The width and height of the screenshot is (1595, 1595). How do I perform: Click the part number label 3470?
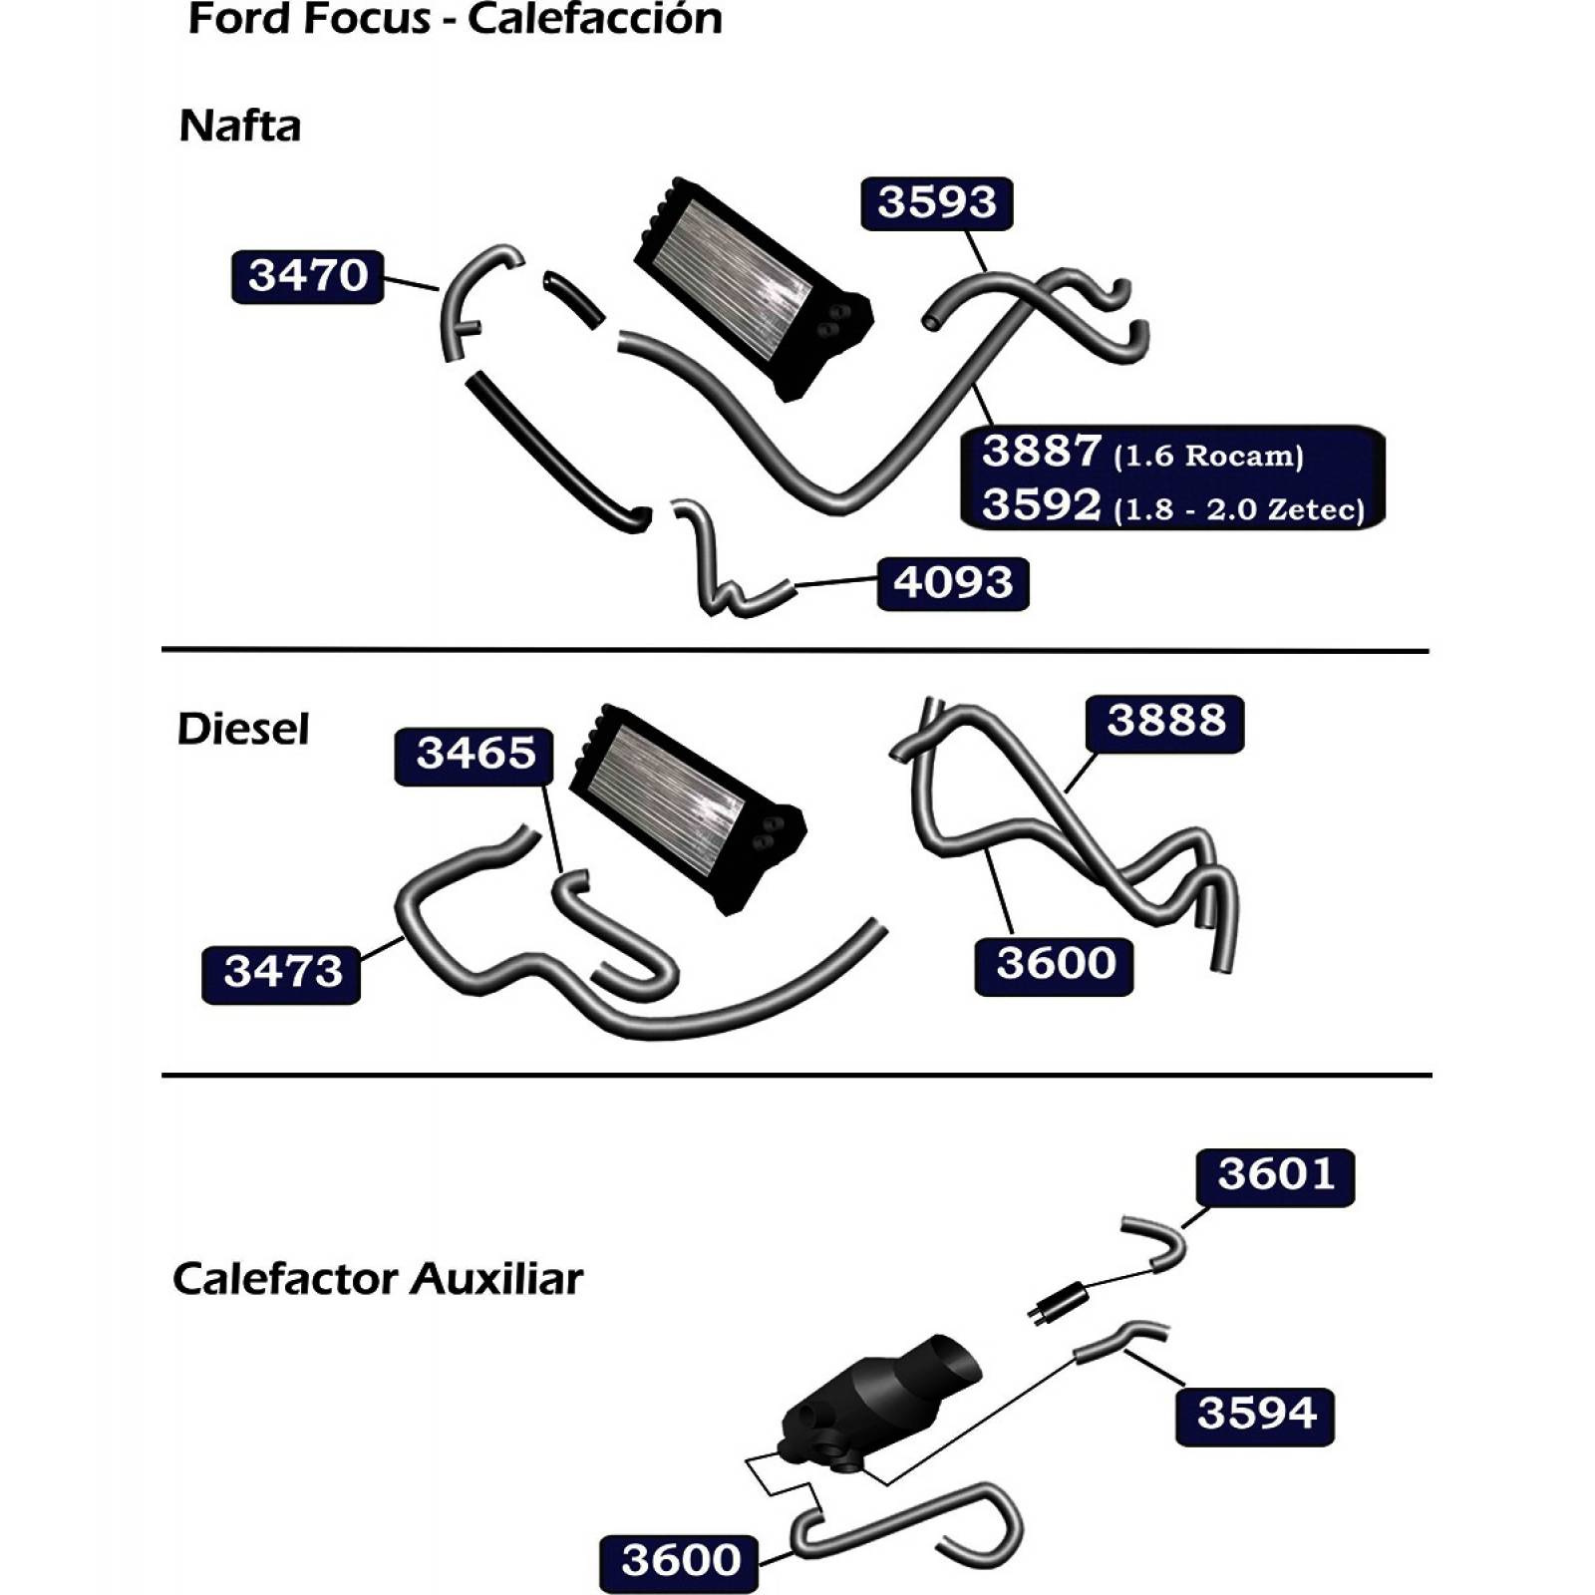pyautogui.click(x=307, y=276)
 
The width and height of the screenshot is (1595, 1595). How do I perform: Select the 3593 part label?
pyautogui.click(x=936, y=203)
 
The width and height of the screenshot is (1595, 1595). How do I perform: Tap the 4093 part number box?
pyautogui.click(x=952, y=583)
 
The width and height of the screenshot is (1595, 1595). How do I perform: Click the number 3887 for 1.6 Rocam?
pyautogui.click(x=1042, y=452)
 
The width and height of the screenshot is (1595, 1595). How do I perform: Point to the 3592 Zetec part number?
pyautogui.click(x=1042, y=505)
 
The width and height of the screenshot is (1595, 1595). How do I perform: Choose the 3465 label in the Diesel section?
pyautogui.click(x=475, y=756)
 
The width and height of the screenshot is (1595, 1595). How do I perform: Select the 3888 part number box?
pyautogui.click(x=1165, y=723)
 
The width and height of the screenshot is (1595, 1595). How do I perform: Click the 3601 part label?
pyautogui.click(x=1275, y=1177)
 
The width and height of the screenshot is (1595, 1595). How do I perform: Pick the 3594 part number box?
pyautogui.click(x=1255, y=1416)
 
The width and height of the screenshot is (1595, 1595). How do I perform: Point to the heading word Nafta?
pyautogui.click(x=240, y=127)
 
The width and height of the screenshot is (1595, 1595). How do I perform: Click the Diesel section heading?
pyautogui.click(x=243, y=729)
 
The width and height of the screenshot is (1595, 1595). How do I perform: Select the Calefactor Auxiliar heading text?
pyautogui.click(x=377, y=1279)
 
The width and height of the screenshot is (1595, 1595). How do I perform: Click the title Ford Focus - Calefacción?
pyautogui.click(x=456, y=19)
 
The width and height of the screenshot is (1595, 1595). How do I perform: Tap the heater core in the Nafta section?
pyautogui.click(x=753, y=288)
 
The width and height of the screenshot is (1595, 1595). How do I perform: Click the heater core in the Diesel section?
pyautogui.click(x=688, y=809)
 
